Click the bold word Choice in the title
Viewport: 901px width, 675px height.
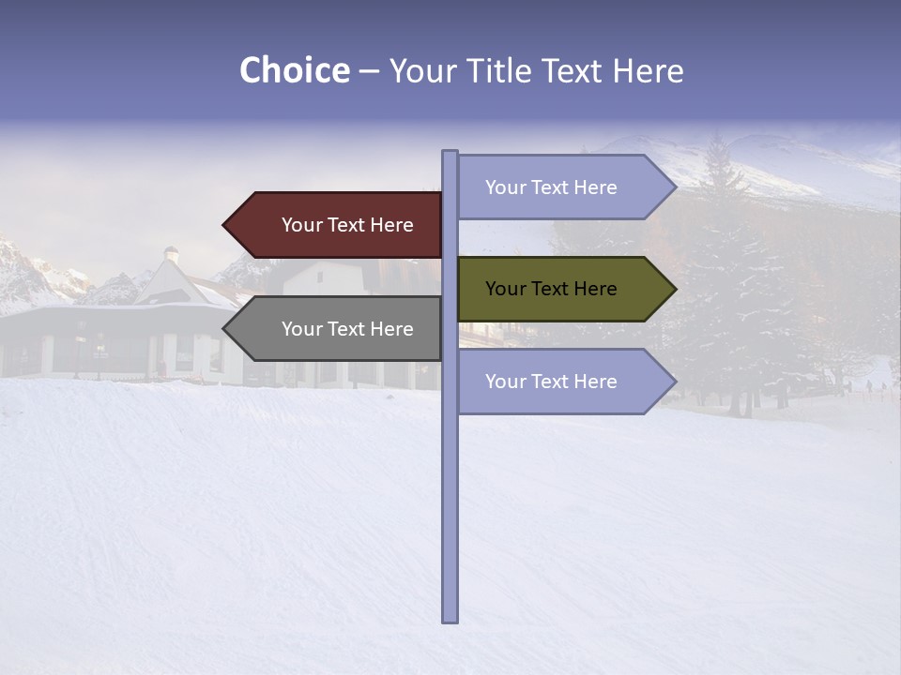pyautogui.click(x=294, y=71)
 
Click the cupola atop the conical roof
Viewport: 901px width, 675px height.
pyautogui.click(x=171, y=253)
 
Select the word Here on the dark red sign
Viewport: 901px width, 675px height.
pyautogui.click(x=390, y=225)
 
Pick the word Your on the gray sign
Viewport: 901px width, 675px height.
pyautogui.click(x=301, y=329)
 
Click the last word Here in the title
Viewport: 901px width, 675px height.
pyautogui.click(x=648, y=71)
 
